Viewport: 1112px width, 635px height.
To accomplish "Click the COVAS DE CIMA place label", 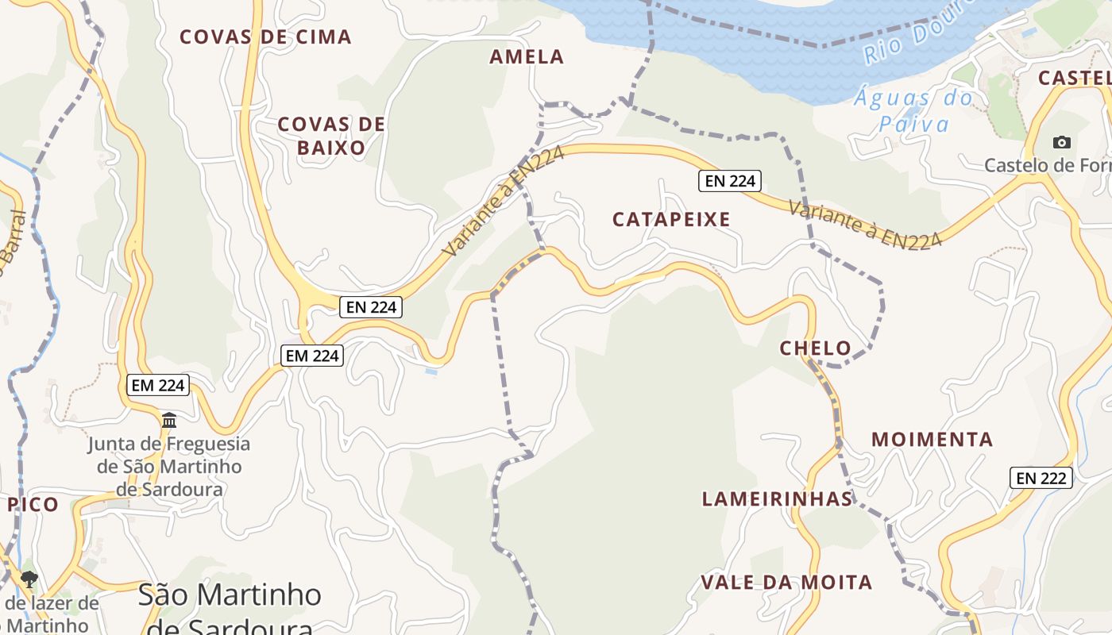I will click(265, 37).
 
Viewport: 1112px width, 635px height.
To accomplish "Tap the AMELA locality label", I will click(527, 57).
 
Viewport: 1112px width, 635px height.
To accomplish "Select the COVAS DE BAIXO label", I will click(331, 136).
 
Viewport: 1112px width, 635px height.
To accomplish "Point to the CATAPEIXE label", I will click(671, 220).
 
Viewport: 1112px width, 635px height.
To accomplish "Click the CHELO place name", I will click(815, 348).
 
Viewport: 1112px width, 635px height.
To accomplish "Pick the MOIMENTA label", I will click(932, 440).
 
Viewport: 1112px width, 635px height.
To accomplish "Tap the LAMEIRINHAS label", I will click(777, 499).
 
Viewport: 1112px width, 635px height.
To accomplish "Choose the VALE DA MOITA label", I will click(786, 583).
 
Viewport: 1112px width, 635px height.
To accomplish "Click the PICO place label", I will click(33, 505).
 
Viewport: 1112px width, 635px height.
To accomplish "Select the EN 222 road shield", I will click(1041, 478).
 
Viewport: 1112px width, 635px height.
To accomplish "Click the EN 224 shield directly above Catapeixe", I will click(730, 181).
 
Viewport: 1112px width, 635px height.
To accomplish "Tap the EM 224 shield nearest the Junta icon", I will click(158, 386).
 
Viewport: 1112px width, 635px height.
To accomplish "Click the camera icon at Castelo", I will click(1061, 143).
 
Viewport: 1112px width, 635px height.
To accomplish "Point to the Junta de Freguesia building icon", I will click(169, 420).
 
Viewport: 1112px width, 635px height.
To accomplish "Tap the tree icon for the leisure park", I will click(29, 579).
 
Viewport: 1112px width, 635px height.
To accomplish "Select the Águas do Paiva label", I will click(913, 111).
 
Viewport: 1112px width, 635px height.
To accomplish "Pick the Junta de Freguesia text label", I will click(169, 467).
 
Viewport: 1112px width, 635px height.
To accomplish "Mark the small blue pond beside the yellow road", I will click(431, 371).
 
